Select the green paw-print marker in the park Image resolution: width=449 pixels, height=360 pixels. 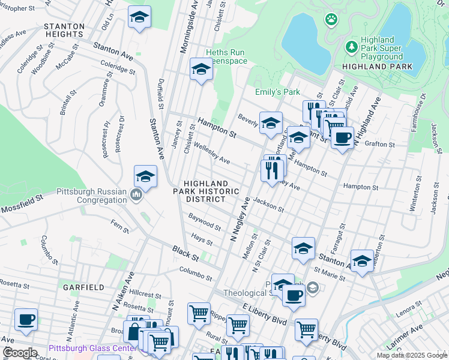point(331,20)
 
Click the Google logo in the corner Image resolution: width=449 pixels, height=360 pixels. point(20,353)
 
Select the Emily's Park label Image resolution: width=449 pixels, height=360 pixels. point(277,92)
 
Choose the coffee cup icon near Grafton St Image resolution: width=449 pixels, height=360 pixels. point(342,137)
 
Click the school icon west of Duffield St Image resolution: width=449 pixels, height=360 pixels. point(139,19)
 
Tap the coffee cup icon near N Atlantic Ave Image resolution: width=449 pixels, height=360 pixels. point(26,319)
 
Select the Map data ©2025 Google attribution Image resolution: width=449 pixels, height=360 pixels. point(411,355)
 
